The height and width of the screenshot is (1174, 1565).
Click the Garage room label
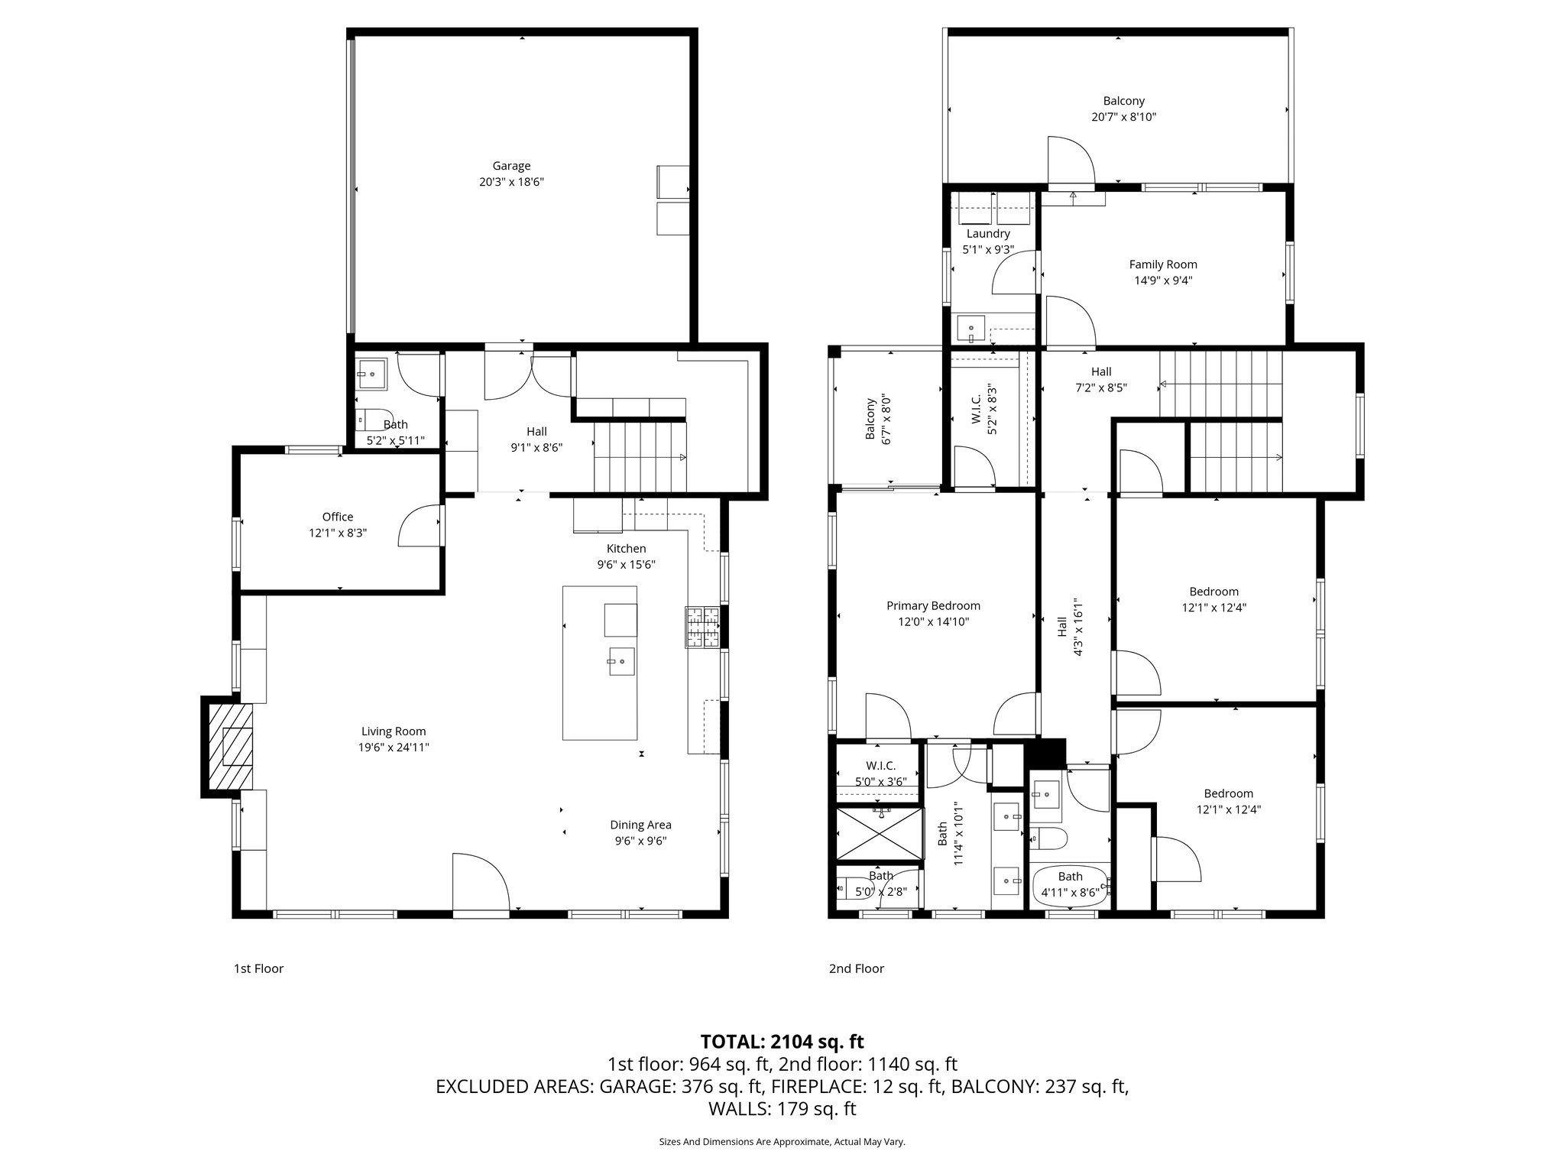(x=511, y=166)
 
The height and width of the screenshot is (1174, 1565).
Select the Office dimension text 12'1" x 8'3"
(x=338, y=533)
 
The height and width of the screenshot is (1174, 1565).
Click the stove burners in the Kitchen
(x=702, y=627)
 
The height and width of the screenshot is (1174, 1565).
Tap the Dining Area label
(x=640, y=825)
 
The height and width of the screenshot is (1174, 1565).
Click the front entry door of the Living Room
(x=480, y=884)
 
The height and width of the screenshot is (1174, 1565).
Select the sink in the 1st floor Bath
(x=372, y=374)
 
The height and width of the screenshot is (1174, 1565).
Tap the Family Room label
(x=1163, y=264)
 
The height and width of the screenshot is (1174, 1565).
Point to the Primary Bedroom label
(x=933, y=606)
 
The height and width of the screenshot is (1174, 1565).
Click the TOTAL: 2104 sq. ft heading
(x=782, y=1042)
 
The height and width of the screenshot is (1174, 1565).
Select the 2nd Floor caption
(x=856, y=968)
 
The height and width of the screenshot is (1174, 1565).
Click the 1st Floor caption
(x=258, y=968)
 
